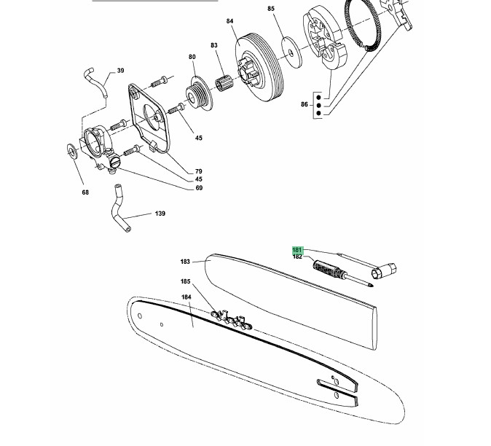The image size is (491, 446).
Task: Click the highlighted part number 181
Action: tap(296, 250)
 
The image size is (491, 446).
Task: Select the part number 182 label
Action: tap(297, 257)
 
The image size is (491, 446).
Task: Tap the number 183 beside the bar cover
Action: tap(185, 262)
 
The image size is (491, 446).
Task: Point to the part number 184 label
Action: tap(186, 297)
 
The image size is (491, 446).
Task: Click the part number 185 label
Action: tap(185, 281)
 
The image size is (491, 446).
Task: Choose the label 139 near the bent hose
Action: tap(160, 214)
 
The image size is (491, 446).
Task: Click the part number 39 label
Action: tap(120, 71)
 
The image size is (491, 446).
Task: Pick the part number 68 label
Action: tap(85, 192)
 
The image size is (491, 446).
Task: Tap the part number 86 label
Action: tap(305, 105)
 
